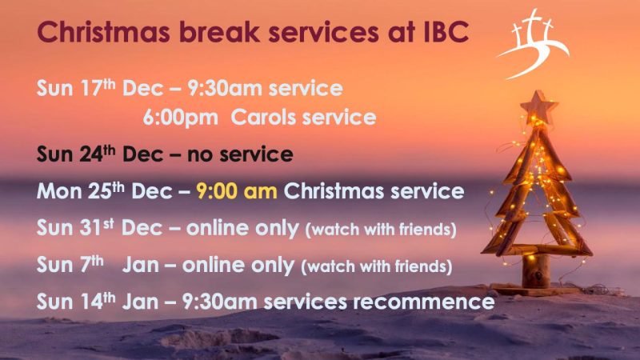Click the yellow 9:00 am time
pos(237,191)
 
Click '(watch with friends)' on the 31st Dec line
pos(381,230)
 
